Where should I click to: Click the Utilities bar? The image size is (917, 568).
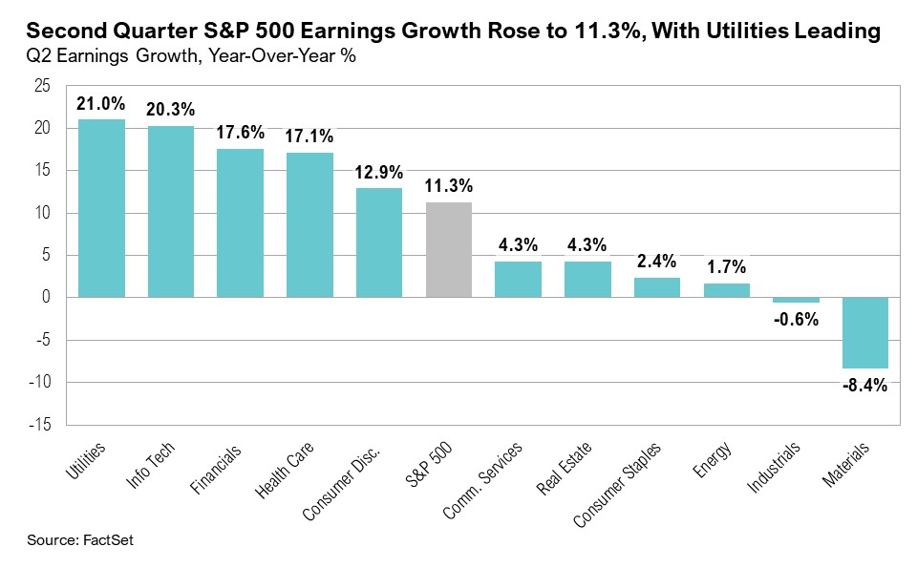[100, 208]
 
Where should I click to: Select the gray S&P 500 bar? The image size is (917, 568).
[449, 249]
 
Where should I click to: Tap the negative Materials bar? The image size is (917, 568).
[865, 332]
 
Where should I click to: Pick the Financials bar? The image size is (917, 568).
[240, 222]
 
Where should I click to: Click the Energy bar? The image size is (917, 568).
[727, 290]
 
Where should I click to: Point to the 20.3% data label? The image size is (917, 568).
[170, 110]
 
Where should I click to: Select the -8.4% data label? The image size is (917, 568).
[865, 386]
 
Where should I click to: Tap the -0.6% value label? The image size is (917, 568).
[796, 320]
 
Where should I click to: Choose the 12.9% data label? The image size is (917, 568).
[379, 172]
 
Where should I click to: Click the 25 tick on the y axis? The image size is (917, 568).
[42, 86]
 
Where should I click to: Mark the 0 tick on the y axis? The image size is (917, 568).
[46, 298]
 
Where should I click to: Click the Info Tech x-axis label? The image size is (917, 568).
[153, 462]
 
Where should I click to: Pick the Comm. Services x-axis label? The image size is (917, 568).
[483, 477]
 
